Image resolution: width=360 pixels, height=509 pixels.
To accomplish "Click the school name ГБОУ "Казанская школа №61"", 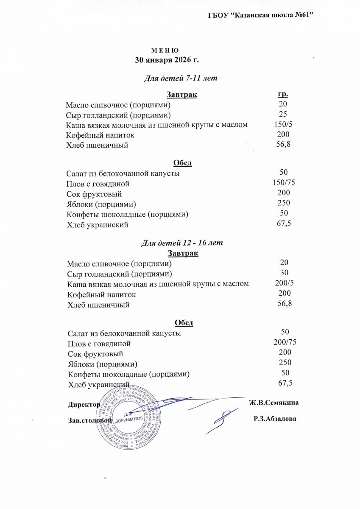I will point(261,16).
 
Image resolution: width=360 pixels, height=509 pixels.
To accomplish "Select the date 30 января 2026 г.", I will point(167,60).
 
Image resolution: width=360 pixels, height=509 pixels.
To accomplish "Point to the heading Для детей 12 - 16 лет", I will point(182,243).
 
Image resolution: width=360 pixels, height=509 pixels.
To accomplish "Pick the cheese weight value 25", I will point(283,114).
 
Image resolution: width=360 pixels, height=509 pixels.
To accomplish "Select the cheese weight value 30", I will point(285,273).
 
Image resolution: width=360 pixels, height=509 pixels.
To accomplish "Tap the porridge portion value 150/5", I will point(283,124).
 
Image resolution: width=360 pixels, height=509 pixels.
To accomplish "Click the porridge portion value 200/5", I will point(284,283).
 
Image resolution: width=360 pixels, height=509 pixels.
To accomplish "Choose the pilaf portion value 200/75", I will point(285,342).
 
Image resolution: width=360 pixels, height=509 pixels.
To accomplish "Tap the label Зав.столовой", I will point(90,420).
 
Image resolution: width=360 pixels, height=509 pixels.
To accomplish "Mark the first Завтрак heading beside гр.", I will point(182,95).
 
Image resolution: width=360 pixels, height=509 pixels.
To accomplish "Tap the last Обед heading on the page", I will point(184,323).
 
